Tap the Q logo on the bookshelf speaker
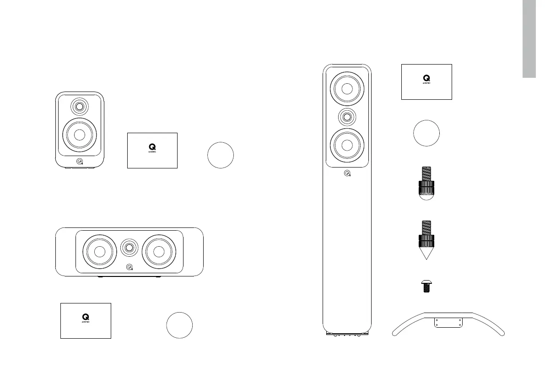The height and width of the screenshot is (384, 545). coord(80,161)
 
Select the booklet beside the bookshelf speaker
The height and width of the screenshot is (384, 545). coord(152,151)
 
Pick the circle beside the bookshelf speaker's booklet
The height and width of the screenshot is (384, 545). coord(221,155)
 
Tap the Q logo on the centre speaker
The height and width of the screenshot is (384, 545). coord(130,268)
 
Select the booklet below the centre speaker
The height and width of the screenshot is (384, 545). coord(86,320)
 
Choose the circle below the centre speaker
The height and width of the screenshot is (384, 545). coord(179,325)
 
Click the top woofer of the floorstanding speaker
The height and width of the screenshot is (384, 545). coord(347,88)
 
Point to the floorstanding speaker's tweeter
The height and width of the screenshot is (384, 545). coord(347,117)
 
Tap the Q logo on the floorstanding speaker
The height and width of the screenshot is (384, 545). coord(347,173)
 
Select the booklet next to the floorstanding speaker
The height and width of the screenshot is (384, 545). coord(426,82)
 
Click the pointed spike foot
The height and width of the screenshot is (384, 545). coord(426,240)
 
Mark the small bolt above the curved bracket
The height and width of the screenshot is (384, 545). coord(426,287)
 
